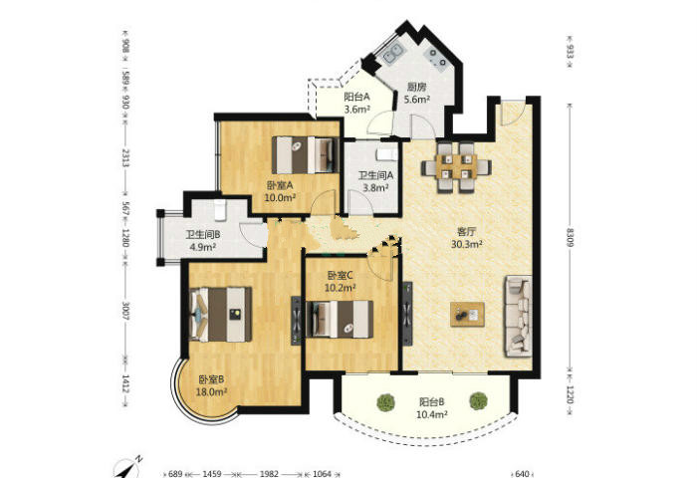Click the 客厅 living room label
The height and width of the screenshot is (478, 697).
pyautogui.click(x=467, y=232)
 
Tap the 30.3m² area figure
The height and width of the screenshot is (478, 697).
pyautogui.click(x=467, y=244)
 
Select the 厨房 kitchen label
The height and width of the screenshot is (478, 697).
pyautogui.click(x=416, y=88)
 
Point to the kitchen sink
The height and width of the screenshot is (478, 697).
pyautogui.click(x=393, y=54)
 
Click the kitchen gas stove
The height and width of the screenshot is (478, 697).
pyautogui.click(x=436, y=58)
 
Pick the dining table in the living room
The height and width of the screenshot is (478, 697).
pyautogui.click(x=456, y=167)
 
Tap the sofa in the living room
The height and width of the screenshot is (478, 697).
pyautogui.click(x=519, y=316)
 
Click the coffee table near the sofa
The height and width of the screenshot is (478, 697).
pyautogui.click(x=467, y=315)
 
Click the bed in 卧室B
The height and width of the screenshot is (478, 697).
pyautogui.click(x=220, y=315)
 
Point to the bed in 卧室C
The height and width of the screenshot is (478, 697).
pyautogui.click(x=341, y=320)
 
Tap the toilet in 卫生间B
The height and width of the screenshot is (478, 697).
pyautogui.click(x=220, y=210)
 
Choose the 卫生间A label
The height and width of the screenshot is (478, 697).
pyautogui.click(x=375, y=175)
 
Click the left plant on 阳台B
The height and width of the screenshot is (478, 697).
pyautogui.click(x=386, y=402)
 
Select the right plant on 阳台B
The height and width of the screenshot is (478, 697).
pyautogui.click(x=478, y=401)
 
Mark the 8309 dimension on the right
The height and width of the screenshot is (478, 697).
pyautogui.click(x=570, y=237)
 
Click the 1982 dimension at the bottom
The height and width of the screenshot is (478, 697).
pyautogui.click(x=270, y=474)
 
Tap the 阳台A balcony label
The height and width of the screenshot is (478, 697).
pyautogui.click(x=356, y=97)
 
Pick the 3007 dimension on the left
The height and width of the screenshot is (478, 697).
pyautogui.click(x=125, y=311)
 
